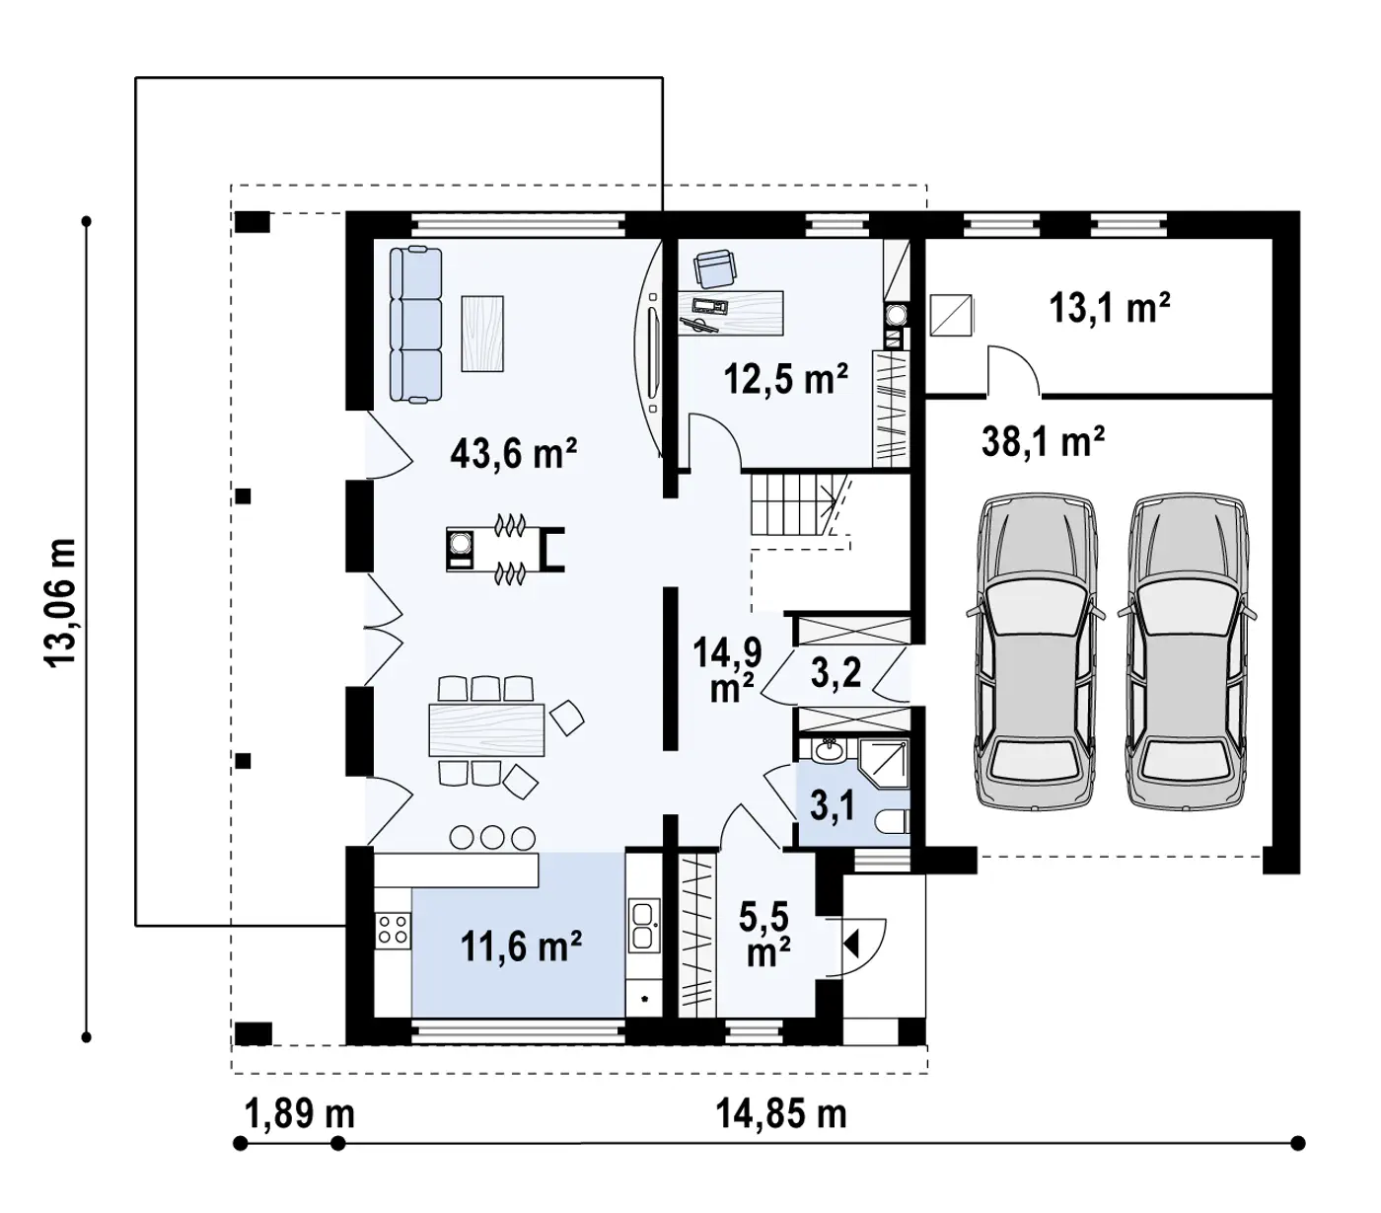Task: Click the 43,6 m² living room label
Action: click(x=513, y=453)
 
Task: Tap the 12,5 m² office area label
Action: click(x=785, y=378)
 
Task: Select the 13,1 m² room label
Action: click(x=1110, y=308)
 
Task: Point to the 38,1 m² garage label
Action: click(x=1043, y=441)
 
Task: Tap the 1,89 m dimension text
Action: click(x=299, y=1114)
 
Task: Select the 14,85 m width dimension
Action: click(x=780, y=1114)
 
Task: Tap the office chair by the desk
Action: click(x=715, y=267)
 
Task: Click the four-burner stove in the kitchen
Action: click(x=393, y=929)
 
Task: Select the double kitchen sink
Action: click(x=643, y=925)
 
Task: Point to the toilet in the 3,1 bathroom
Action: click(x=893, y=822)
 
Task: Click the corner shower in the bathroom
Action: click(x=884, y=764)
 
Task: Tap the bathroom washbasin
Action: click(x=829, y=750)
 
